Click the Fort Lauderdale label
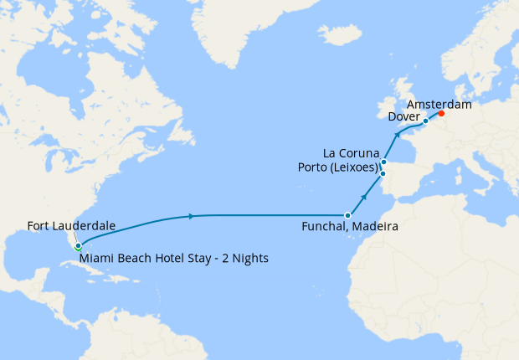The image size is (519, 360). [x=71, y=225]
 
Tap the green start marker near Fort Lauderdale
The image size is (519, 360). [x=78, y=247]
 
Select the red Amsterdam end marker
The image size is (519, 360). [x=441, y=114]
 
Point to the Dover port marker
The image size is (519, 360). [x=425, y=121]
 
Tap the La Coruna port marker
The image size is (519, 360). [x=383, y=162]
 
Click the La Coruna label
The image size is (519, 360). [x=352, y=152]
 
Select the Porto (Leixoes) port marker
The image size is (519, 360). [x=383, y=174]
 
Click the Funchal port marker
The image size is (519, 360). [x=347, y=215]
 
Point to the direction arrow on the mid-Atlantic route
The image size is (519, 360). [x=193, y=216]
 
